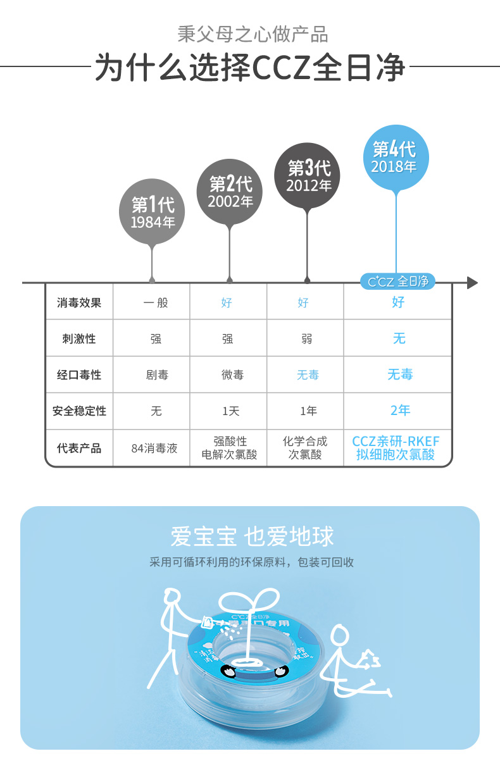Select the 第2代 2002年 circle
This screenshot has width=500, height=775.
(230, 192)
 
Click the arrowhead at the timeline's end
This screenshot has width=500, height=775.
(472, 283)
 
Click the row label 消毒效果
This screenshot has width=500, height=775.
(79, 302)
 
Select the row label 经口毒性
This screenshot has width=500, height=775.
(79, 375)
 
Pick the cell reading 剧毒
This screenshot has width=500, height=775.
(156, 375)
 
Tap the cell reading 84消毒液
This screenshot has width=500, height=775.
(154, 448)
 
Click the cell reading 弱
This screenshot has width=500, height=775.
(307, 338)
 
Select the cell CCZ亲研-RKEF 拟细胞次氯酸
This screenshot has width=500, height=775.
(396, 448)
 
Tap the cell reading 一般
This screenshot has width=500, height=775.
(156, 302)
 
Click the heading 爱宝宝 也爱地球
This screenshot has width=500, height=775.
(252, 536)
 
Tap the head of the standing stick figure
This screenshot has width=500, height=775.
(170, 596)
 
